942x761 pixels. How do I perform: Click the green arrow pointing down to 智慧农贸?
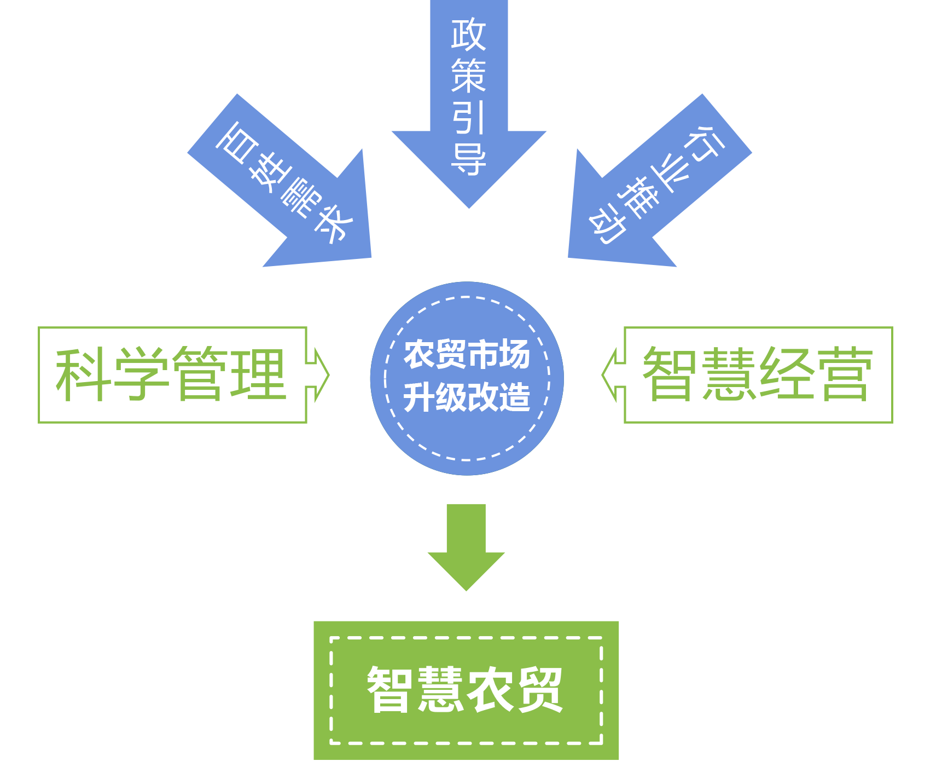466,547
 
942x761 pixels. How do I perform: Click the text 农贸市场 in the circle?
467,354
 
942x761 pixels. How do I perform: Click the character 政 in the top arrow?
469,34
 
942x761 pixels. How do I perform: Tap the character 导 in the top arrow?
469,159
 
